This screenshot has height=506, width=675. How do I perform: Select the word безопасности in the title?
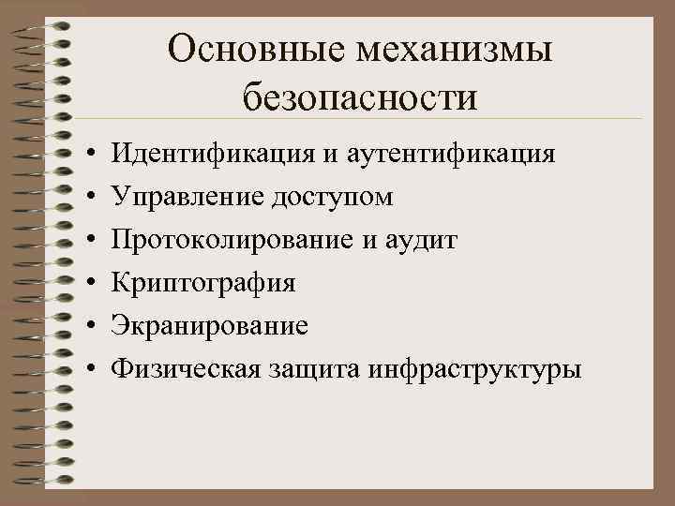359,96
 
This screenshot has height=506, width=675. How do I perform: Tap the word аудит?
424,240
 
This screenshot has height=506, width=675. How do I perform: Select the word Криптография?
202,283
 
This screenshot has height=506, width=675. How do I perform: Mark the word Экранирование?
209,326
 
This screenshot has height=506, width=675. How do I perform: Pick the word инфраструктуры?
477,370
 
